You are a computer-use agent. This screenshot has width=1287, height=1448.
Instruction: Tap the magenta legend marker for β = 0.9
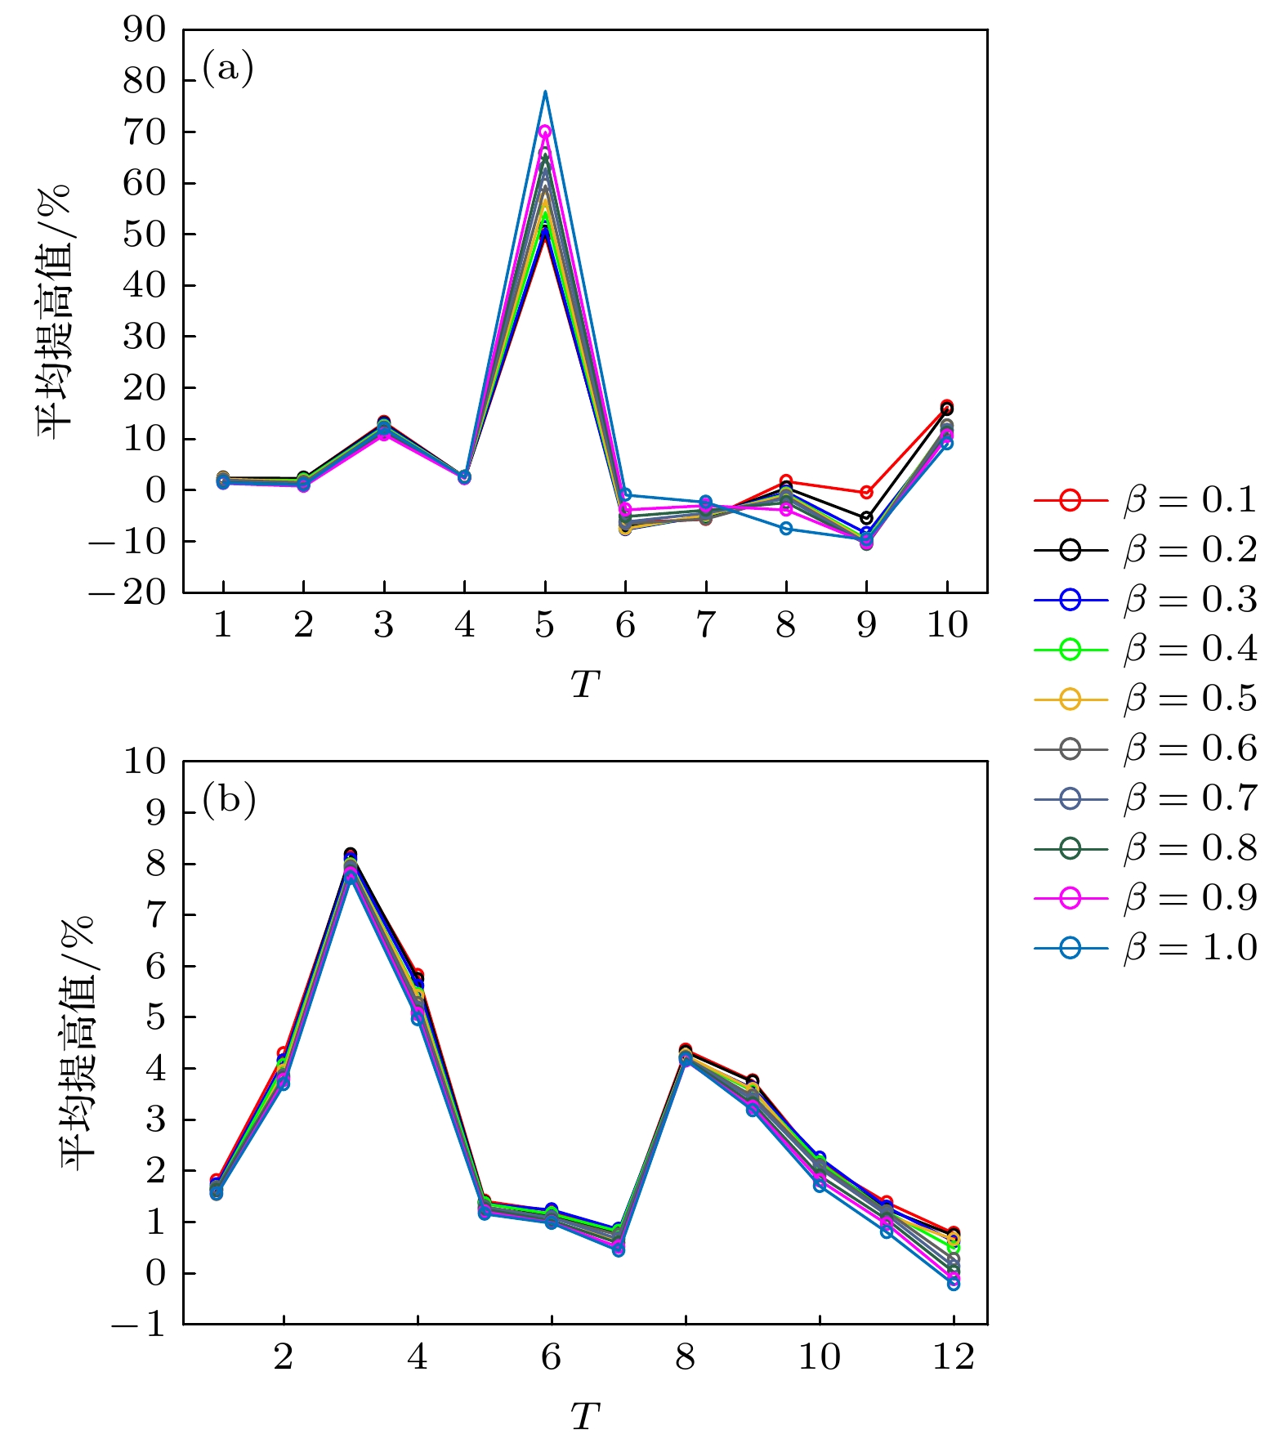click(x=1070, y=898)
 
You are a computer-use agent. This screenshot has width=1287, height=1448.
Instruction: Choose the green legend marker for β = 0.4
click(x=1070, y=650)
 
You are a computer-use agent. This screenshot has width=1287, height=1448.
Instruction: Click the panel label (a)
click(x=228, y=68)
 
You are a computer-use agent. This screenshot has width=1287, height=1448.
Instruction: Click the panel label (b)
click(x=229, y=799)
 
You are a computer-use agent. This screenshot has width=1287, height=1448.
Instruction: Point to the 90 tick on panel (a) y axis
click(x=144, y=30)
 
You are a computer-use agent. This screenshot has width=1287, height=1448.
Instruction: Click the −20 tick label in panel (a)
click(x=127, y=592)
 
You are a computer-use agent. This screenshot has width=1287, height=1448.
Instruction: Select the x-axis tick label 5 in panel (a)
click(x=545, y=625)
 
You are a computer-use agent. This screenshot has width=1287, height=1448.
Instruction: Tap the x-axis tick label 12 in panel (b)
click(x=953, y=1357)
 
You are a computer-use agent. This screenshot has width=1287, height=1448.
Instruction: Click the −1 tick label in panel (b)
click(x=137, y=1325)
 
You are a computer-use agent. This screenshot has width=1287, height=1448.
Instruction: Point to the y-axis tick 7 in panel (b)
click(x=155, y=915)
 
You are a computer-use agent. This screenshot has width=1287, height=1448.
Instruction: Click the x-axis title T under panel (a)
click(x=585, y=685)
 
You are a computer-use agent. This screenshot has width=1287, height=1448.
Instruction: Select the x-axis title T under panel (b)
click(x=585, y=1417)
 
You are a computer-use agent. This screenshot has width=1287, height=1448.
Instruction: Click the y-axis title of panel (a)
click(x=55, y=311)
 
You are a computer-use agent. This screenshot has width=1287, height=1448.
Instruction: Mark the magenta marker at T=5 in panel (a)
click(x=545, y=131)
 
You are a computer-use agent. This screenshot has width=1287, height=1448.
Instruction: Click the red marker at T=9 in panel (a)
click(x=866, y=493)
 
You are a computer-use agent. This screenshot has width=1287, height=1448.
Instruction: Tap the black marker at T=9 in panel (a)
click(x=866, y=518)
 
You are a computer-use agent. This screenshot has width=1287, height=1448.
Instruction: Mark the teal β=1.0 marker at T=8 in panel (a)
click(x=786, y=529)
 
